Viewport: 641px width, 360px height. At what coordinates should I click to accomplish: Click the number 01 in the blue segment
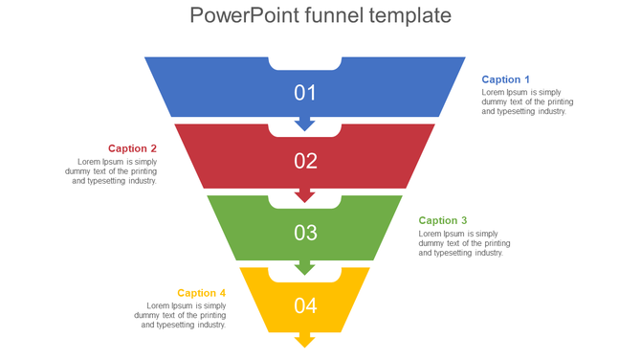point(305,93)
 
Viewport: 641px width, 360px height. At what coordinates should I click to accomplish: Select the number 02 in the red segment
point(305,161)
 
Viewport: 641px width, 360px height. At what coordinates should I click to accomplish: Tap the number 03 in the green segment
point(305,233)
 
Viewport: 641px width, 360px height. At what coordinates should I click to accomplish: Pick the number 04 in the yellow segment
point(305,306)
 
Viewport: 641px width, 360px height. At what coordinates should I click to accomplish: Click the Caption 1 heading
point(505,79)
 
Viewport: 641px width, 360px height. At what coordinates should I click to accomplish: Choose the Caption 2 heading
point(132,148)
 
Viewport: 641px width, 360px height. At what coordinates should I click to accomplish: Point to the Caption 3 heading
point(443,220)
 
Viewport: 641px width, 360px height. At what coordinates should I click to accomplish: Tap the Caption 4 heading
point(201,293)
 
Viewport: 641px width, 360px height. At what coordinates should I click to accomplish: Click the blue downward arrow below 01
point(305,124)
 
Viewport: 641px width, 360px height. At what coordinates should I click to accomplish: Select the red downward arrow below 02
point(305,195)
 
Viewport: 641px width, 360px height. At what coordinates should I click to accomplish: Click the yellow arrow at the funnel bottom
point(305,340)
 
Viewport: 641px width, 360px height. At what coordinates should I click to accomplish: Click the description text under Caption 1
point(527,101)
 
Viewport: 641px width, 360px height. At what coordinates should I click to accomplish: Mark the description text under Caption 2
point(111,171)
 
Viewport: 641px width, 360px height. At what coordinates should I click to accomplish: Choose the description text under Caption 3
point(464,243)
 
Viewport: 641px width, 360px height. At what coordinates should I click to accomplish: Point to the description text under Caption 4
point(180,315)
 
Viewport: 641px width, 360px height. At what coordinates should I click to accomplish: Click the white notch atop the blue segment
point(305,63)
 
